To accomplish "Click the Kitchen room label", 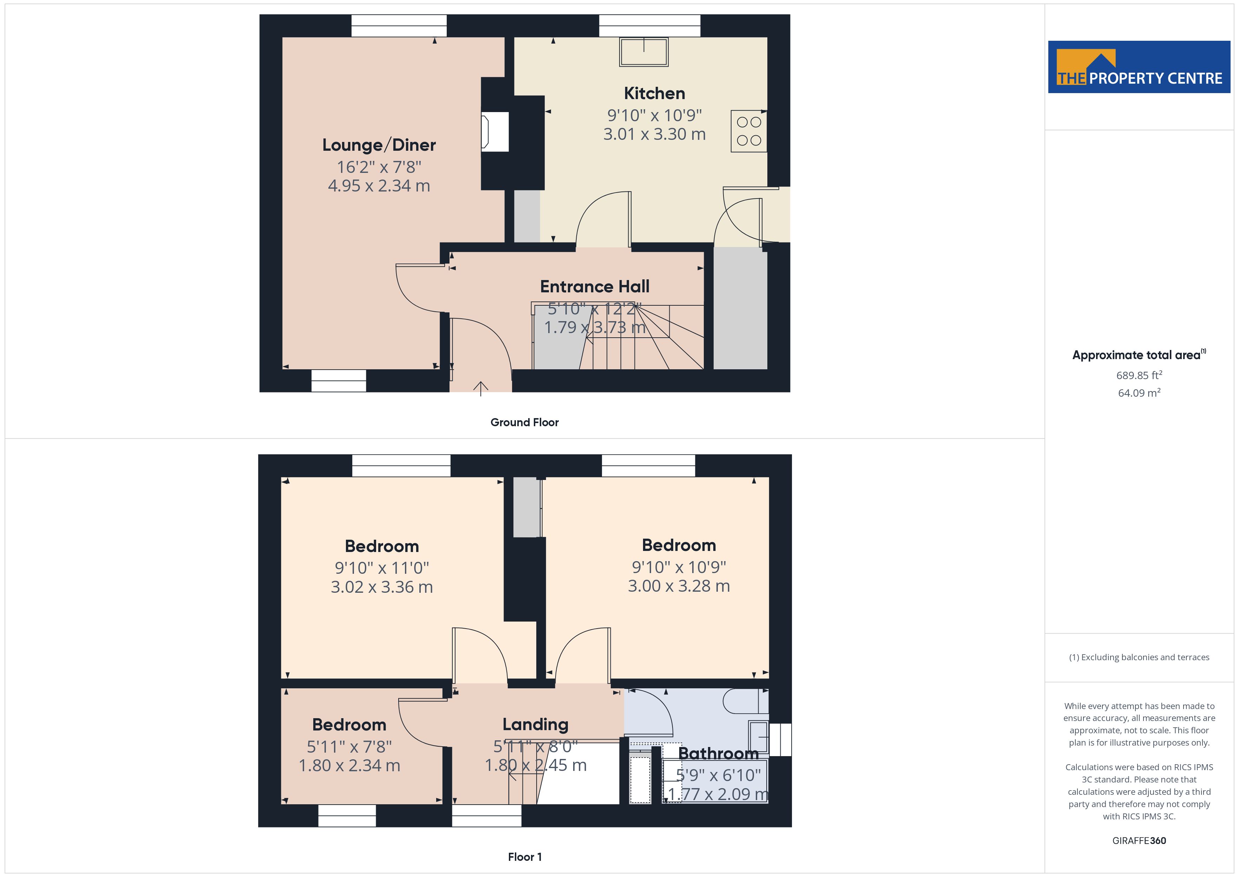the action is click(x=654, y=93).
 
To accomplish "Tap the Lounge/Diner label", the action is click(x=379, y=145).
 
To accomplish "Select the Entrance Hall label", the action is click(x=595, y=286).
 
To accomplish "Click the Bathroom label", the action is click(x=718, y=753).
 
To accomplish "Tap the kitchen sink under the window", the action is click(x=644, y=52).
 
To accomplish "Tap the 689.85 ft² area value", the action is click(x=1139, y=375).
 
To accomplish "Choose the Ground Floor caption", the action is click(x=525, y=422).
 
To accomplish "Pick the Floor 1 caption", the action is click(x=525, y=857).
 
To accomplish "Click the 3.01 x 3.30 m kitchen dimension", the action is click(x=654, y=134).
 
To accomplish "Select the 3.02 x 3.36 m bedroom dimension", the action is click(x=381, y=587).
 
